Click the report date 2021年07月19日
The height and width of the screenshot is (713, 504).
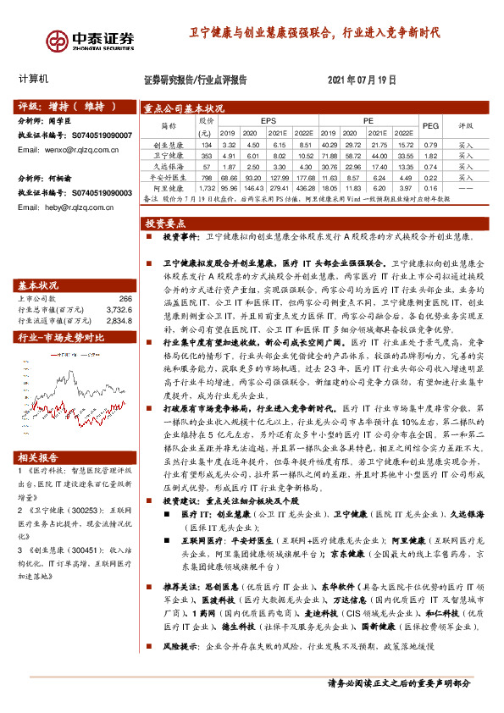(361, 80)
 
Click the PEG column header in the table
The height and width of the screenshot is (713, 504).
(429, 125)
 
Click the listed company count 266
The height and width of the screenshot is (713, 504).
(125, 299)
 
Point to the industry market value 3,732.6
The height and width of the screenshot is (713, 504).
(119, 310)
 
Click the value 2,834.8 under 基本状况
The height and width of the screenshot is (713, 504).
(119, 321)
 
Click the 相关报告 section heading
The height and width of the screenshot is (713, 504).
(38, 456)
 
